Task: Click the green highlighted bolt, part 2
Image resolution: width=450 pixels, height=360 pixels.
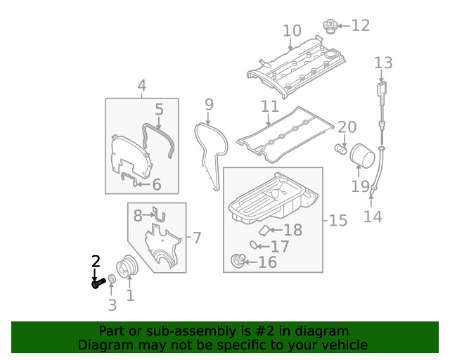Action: pos(98,283)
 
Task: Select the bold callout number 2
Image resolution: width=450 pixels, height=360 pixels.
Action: pos(96,262)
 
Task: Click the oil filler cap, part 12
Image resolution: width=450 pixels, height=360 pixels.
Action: pos(328,27)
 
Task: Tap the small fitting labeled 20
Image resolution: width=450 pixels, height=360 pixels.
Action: pos(341,149)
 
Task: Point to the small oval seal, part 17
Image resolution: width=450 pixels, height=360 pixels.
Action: pos(252,245)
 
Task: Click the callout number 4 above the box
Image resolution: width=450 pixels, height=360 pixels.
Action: pos(142,86)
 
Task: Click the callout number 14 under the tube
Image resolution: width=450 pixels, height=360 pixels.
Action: pos(373,216)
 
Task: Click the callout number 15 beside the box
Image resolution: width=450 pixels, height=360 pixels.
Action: pos(337,221)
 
